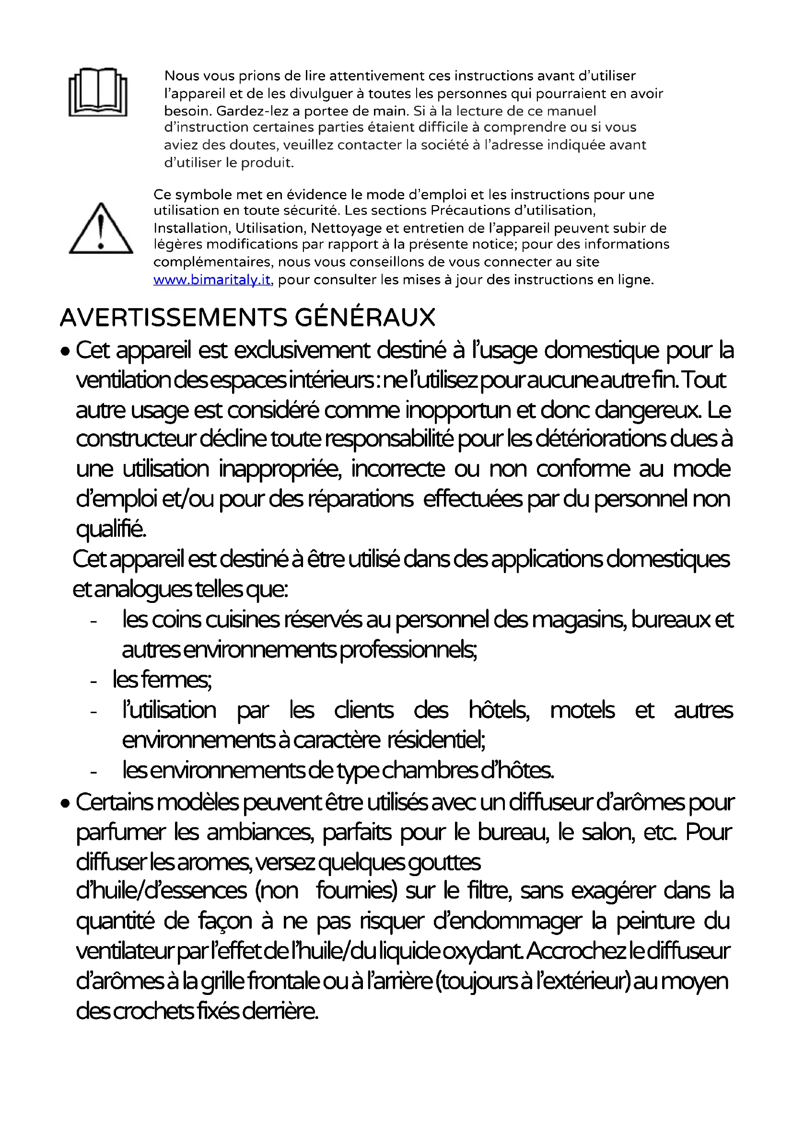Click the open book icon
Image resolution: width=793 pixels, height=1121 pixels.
click(x=98, y=92)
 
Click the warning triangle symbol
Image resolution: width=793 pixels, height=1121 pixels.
click(x=101, y=229)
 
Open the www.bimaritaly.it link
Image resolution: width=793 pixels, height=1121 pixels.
click(x=211, y=280)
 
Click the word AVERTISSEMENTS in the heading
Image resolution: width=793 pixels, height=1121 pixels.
click(x=174, y=317)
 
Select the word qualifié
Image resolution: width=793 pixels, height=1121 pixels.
click(x=111, y=529)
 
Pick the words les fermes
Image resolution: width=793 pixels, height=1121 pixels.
click(x=162, y=680)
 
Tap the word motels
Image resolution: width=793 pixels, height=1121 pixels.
click(x=582, y=710)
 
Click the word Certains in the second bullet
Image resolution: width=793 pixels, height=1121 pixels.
click(x=115, y=802)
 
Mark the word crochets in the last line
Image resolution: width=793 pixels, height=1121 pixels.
click(x=154, y=1011)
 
